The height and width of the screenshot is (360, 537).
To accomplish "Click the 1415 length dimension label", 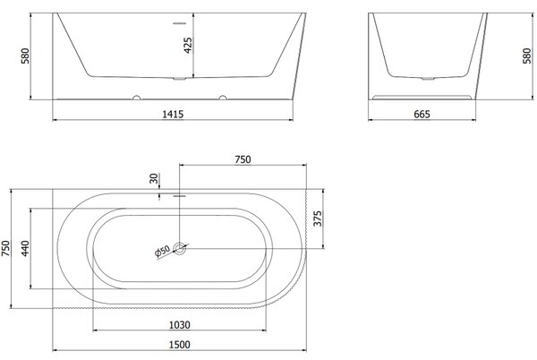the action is pyautogui.click(x=173, y=114).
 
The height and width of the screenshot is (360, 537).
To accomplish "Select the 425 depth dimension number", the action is pyautogui.click(x=188, y=45).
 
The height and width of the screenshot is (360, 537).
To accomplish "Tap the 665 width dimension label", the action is pyautogui.click(x=422, y=114).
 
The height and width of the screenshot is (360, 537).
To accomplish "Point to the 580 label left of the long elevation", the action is pyautogui.click(x=25, y=56).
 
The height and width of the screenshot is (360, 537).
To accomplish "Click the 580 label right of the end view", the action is pyautogui.click(x=527, y=56).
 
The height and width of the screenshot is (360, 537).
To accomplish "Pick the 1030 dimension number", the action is pyautogui.click(x=180, y=325).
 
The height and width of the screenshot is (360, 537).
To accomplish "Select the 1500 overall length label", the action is pyautogui.click(x=180, y=345).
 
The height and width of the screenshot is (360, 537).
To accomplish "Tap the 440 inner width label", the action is pyautogui.click(x=25, y=249).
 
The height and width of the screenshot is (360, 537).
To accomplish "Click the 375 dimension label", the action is pyautogui.click(x=318, y=219).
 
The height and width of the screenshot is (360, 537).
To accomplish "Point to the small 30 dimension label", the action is pyautogui.click(x=154, y=178).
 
